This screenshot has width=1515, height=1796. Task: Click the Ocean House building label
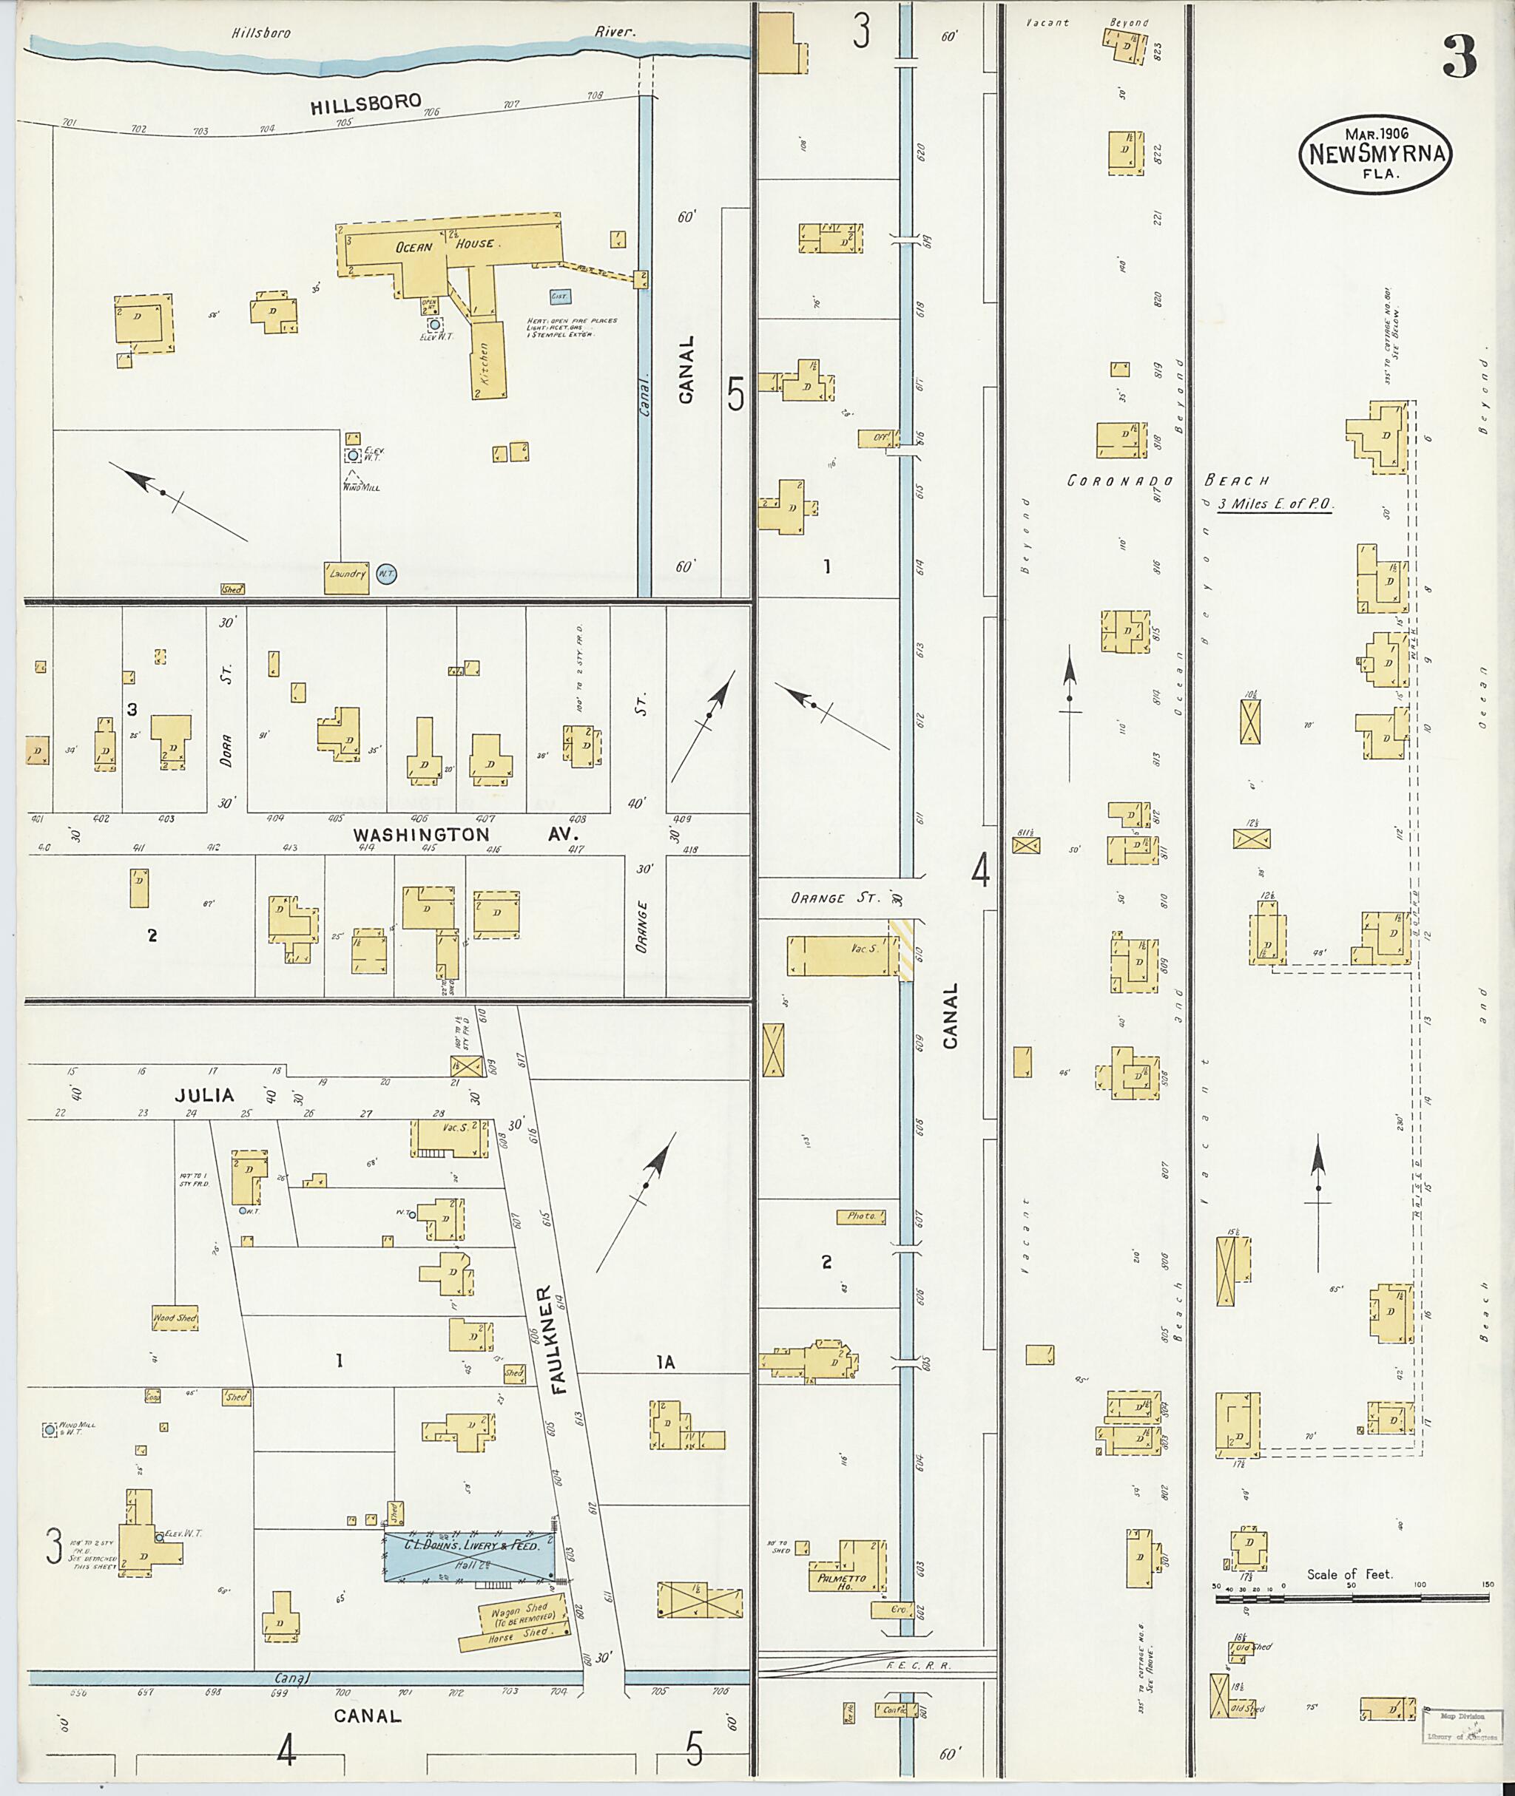[x=444, y=245]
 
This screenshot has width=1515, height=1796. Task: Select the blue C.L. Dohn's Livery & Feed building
[x=470, y=1555]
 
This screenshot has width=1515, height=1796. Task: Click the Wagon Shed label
[x=519, y=1611]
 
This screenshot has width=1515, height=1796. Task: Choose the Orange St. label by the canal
[x=836, y=898]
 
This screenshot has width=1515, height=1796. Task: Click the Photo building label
[x=860, y=1216]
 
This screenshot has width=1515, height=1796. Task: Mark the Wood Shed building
[x=175, y=1318]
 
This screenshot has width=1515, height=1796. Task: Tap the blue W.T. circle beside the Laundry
[x=386, y=575]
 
